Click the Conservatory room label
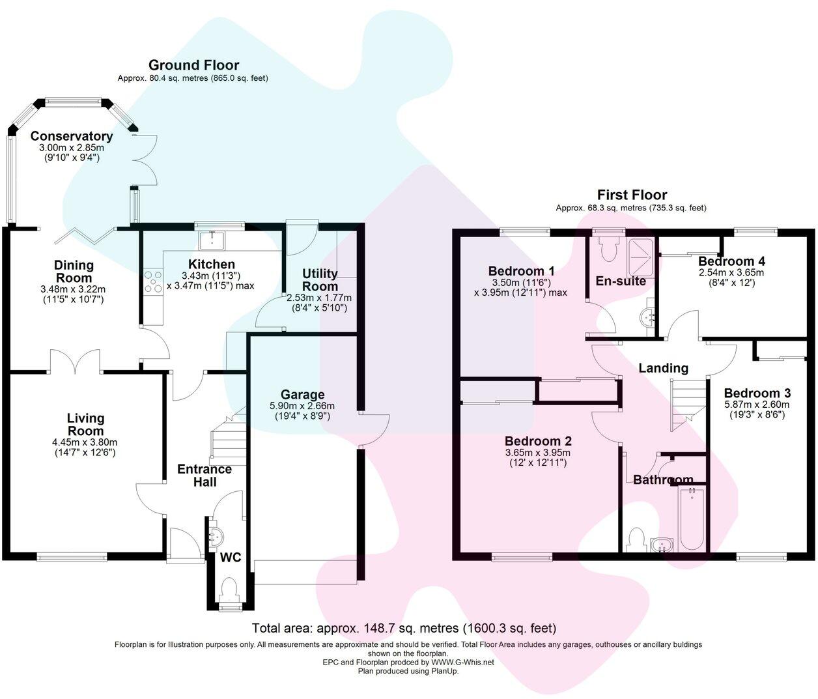point(71,136)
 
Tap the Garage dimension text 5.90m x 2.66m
point(303,406)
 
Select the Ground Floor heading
point(193,65)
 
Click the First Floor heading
point(632,195)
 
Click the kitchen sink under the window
point(213,240)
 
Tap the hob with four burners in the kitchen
point(153,281)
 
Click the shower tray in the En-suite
point(640,249)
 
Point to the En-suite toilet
point(609,247)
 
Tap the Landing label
point(663,368)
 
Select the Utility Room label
point(320,280)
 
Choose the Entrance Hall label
point(205,476)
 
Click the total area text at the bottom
point(404,629)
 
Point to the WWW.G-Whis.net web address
point(462,662)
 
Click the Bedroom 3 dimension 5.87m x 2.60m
point(757,405)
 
